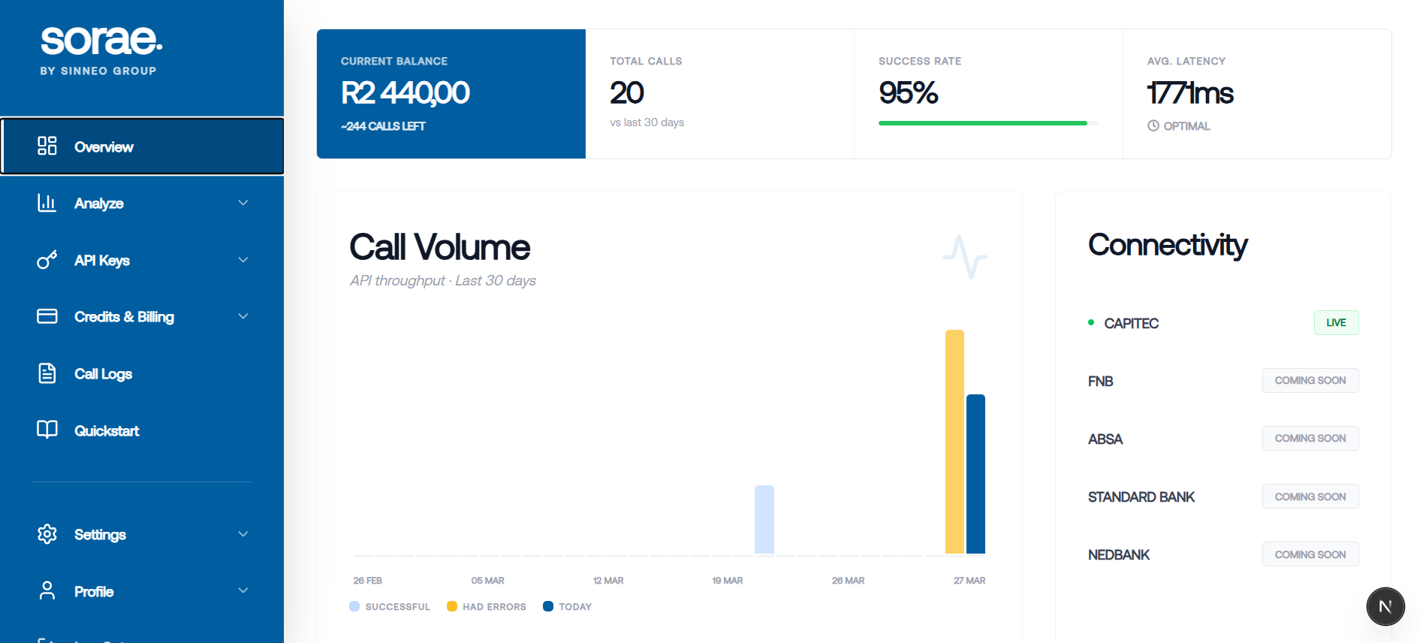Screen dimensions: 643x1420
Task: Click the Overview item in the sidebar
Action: pyautogui.click(x=104, y=147)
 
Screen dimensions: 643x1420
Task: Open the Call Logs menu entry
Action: pyautogui.click(x=103, y=374)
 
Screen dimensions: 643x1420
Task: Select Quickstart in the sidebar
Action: pyautogui.click(x=107, y=431)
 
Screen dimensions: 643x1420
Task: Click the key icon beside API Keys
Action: pyautogui.click(x=47, y=260)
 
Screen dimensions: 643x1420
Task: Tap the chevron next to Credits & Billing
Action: pyautogui.click(x=243, y=316)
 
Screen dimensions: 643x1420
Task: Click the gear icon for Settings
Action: pyautogui.click(x=47, y=534)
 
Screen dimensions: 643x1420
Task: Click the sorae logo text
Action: pyautogui.click(x=101, y=41)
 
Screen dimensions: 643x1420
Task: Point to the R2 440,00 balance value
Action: pyautogui.click(x=405, y=93)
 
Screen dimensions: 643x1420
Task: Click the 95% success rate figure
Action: pyautogui.click(x=908, y=93)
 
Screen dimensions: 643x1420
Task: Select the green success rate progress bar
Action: pyautogui.click(x=982, y=123)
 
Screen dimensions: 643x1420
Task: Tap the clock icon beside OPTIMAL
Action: pyautogui.click(x=1153, y=126)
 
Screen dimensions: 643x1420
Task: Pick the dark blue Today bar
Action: pyautogui.click(x=975, y=474)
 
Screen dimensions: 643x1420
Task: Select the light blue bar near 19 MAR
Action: pyautogui.click(x=764, y=520)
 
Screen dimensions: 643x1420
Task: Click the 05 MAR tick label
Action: pyautogui.click(x=487, y=581)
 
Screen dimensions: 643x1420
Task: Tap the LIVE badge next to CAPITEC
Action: pyautogui.click(x=1336, y=323)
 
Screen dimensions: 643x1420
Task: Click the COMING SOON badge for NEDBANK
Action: pyautogui.click(x=1310, y=554)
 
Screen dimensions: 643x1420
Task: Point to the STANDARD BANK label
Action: pyautogui.click(x=1141, y=497)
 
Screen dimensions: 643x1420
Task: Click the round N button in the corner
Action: pyautogui.click(x=1385, y=607)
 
